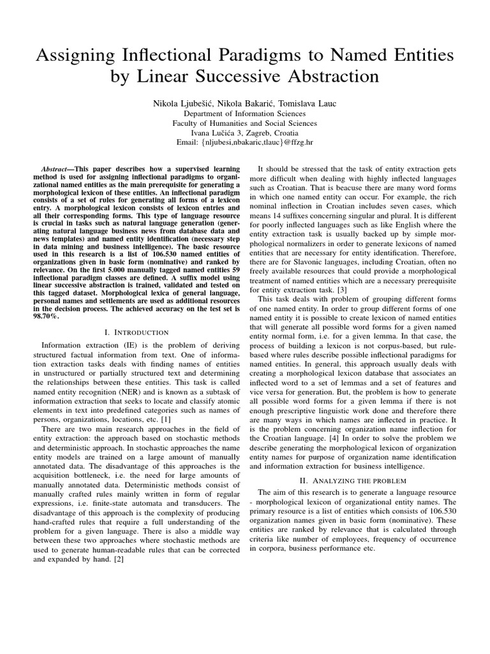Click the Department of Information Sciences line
point(245,113)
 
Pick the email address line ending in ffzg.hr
point(245,144)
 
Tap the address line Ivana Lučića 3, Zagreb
point(245,133)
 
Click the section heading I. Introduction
point(137,332)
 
